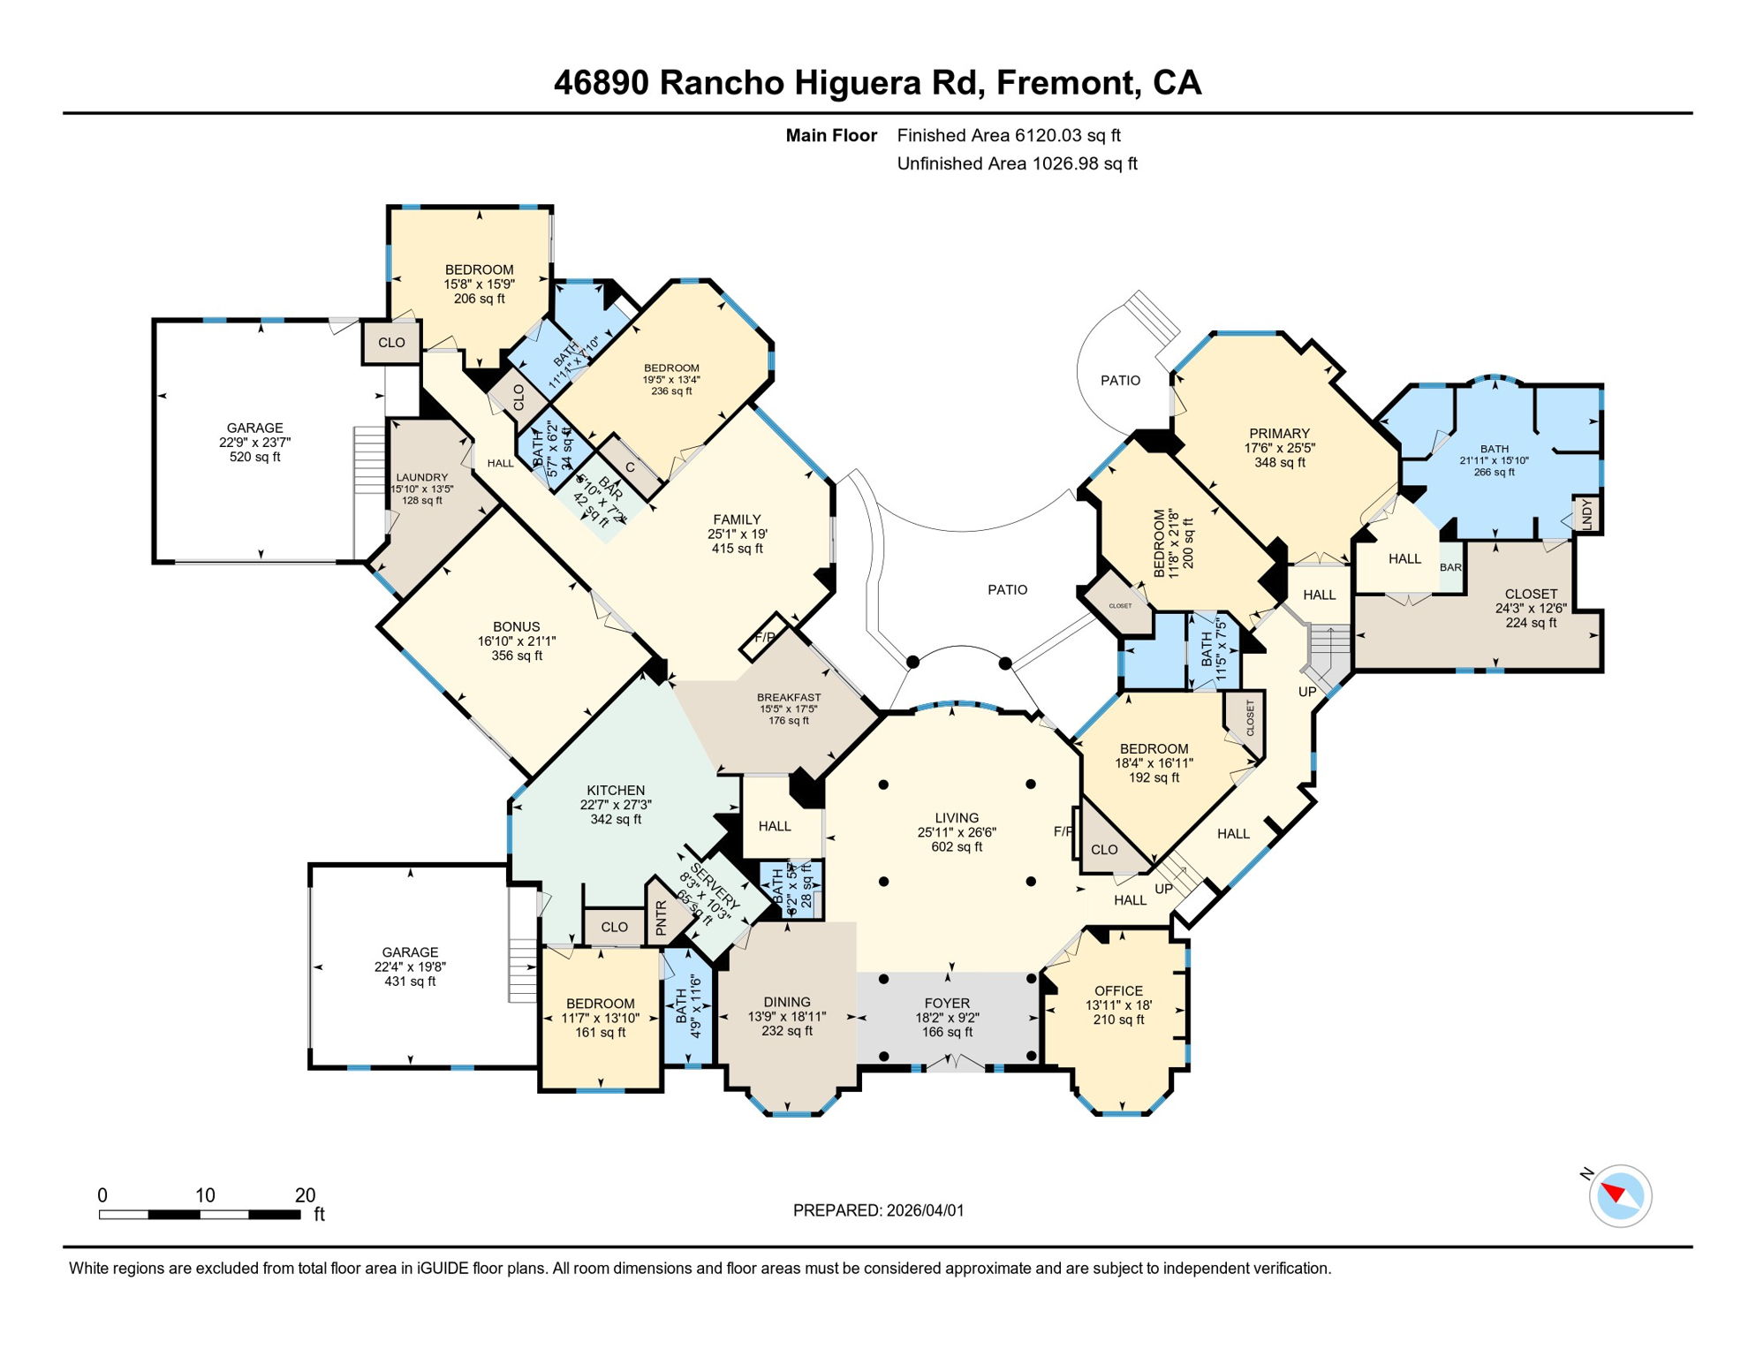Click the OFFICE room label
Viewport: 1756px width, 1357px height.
click(x=1118, y=991)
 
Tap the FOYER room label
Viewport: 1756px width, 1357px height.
click(x=947, y=1004)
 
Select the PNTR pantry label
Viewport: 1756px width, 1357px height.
click(x=661, y=918)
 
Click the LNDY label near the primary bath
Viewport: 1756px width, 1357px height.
click(x=1586, y=513)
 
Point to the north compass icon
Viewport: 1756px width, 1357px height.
click(x=1620, y=1195)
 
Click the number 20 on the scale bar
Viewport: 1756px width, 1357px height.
click(x=305, y=1195)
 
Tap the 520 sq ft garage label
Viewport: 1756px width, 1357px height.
click(x=254, y=442)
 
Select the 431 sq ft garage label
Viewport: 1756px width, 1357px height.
click(x=410, y=967)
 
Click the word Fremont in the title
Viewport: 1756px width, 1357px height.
click(x=1064, y=82)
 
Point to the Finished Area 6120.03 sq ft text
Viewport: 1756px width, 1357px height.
click(x=1008, y=135)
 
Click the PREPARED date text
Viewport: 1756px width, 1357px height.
click(x=878, y=1210)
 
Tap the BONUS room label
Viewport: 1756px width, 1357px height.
click(x=517, y=626)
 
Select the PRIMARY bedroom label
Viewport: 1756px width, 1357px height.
click(x=1279, y=434)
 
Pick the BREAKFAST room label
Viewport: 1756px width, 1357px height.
click(x=789, y=697)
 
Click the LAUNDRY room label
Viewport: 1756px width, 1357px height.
click(x=422, y=477)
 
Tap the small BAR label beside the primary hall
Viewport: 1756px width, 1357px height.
click(x=1450, y=567)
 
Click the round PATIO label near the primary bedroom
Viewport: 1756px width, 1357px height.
click(x=1120, y=380)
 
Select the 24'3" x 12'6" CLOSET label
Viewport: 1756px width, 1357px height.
click(x=1531, y=595)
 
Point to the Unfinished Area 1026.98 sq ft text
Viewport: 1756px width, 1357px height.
click(x=1017, y=163)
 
